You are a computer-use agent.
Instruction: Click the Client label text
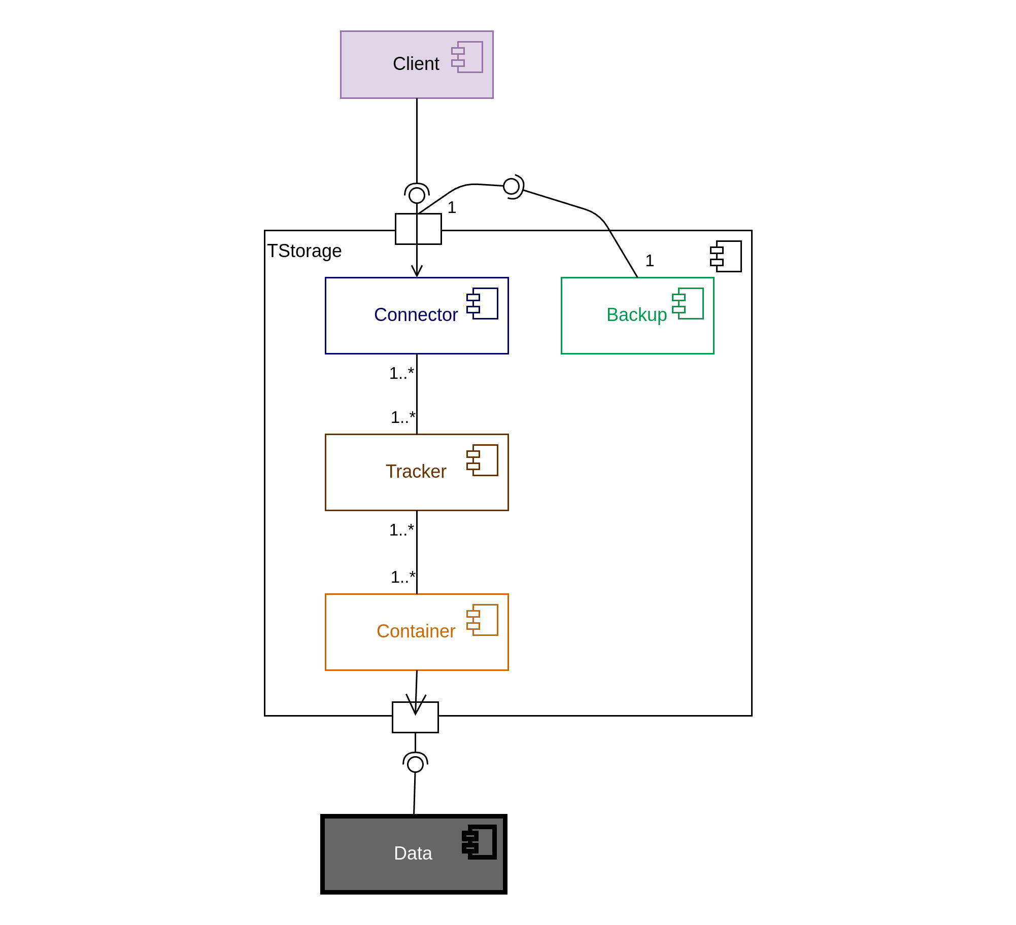coord(416,64)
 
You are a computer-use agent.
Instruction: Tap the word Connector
coord(416,315)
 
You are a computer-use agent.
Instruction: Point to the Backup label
coord(636,315)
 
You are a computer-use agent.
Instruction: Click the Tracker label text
coord(416,472)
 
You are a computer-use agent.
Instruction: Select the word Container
coord(416,631)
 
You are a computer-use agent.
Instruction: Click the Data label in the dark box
coord(413,853)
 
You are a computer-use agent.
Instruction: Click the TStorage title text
coord(304,251)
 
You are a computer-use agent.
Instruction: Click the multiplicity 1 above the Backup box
coord(650,261)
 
